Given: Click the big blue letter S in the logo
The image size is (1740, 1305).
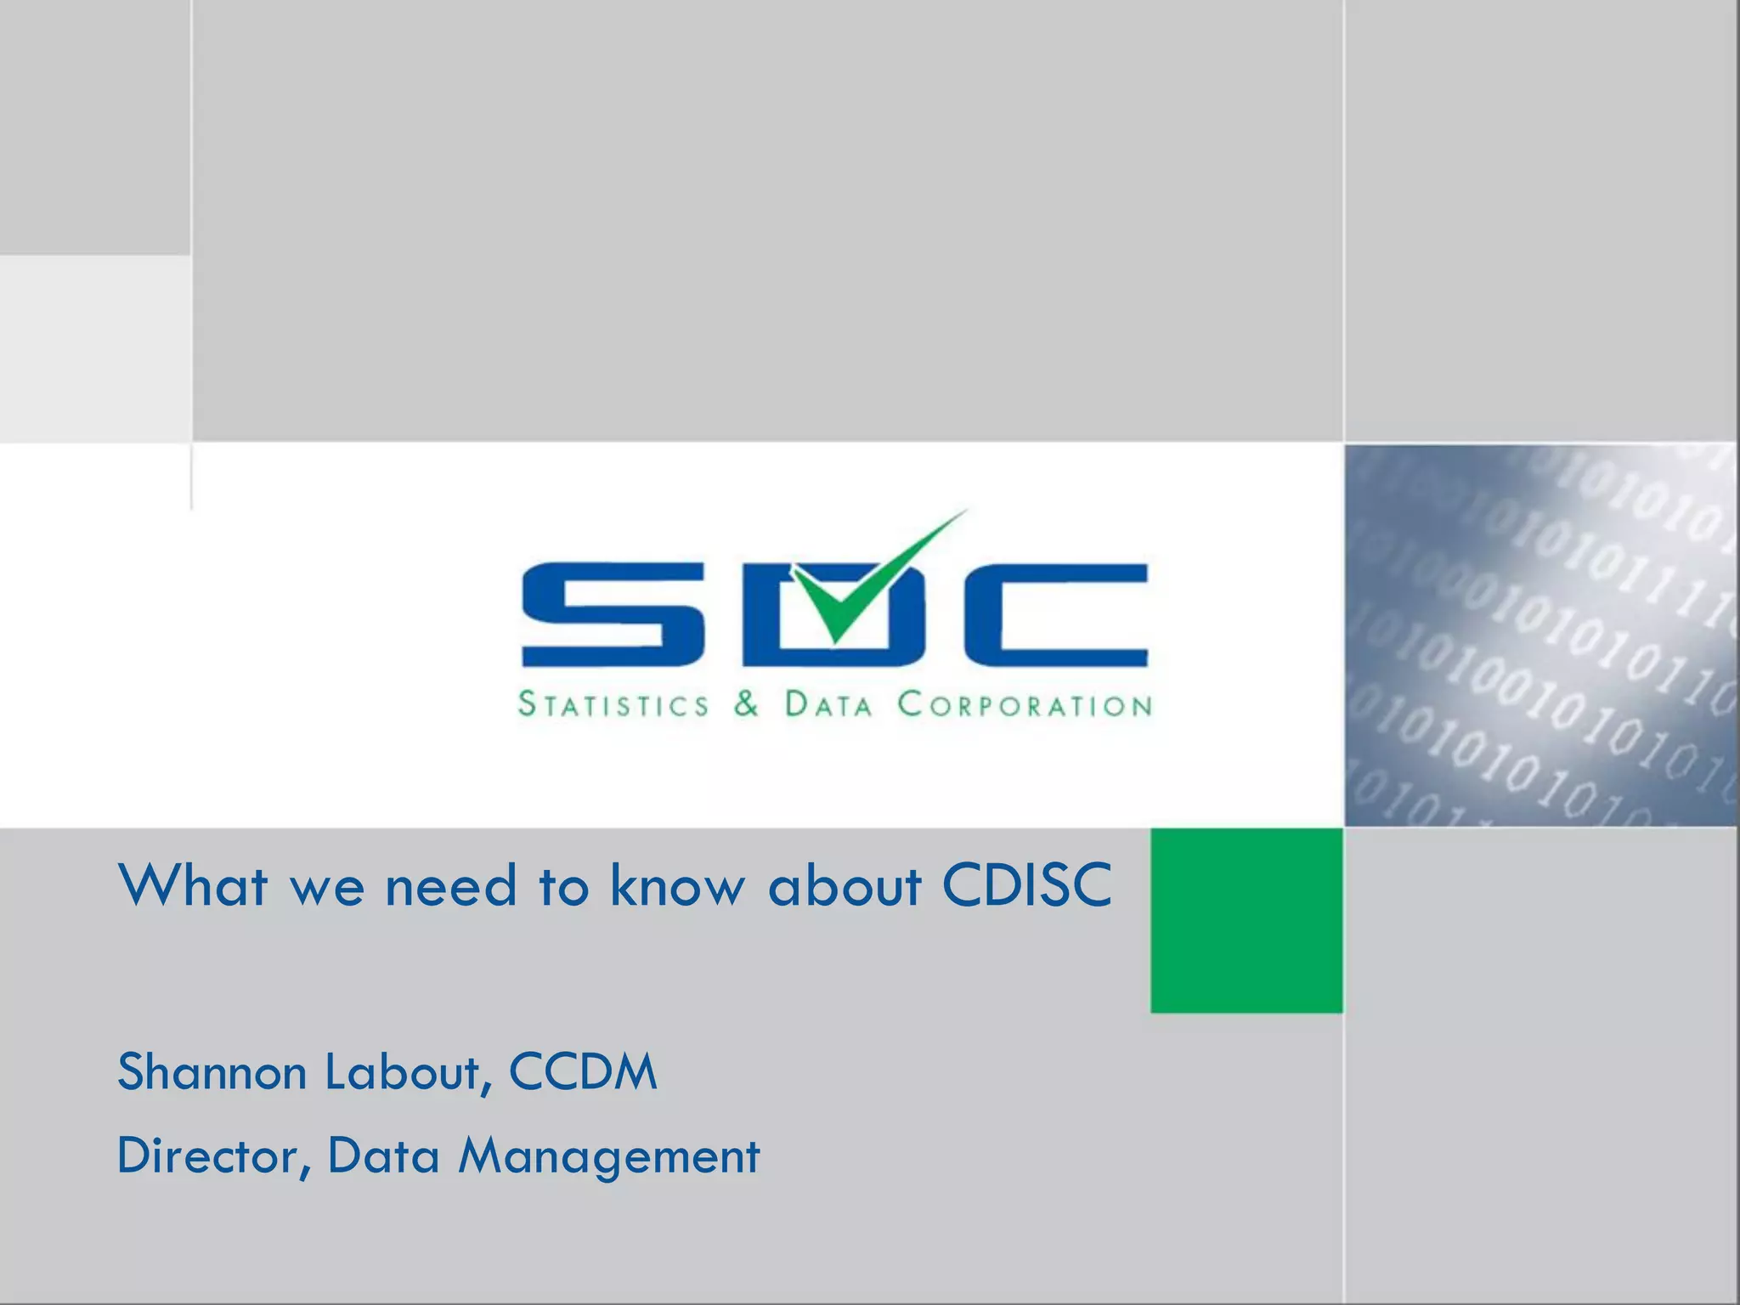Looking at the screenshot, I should point(612,614).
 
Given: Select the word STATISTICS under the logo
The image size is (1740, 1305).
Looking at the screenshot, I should point(613,704).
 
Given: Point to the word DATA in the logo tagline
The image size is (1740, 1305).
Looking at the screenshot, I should point(828,704).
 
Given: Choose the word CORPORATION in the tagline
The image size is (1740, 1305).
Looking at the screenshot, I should point(1025,704).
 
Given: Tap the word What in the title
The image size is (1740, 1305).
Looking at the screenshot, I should point(194,885).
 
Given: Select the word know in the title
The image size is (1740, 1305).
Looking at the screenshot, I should point(676,885).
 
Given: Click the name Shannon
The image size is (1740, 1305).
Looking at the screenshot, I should point(212,1071).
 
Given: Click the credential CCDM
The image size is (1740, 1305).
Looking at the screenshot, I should point(583,1071).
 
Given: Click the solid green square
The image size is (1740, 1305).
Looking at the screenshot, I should point(1246,920).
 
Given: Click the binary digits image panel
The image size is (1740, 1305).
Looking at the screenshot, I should point(1540,635).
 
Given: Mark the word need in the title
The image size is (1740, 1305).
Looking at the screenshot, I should point(451,885).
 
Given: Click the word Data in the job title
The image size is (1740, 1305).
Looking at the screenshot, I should point(383,1156).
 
